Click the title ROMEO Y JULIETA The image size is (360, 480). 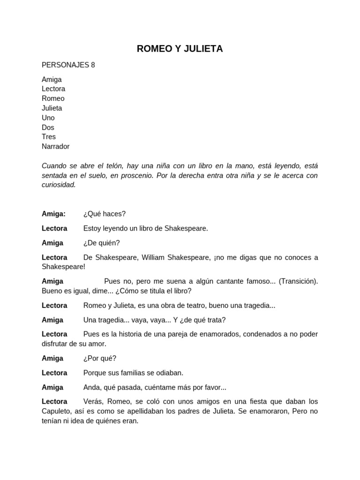(180, 49)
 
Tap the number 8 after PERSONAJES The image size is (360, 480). (93, 65)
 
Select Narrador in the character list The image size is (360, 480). (55, 147)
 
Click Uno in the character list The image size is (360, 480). (48, 118)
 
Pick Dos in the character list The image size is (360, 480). (48, 127)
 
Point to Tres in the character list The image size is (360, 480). (49, 137)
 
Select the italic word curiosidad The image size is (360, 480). (59, 185)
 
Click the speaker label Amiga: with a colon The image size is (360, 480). (53, 214)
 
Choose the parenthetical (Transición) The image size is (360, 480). (298, 281)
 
